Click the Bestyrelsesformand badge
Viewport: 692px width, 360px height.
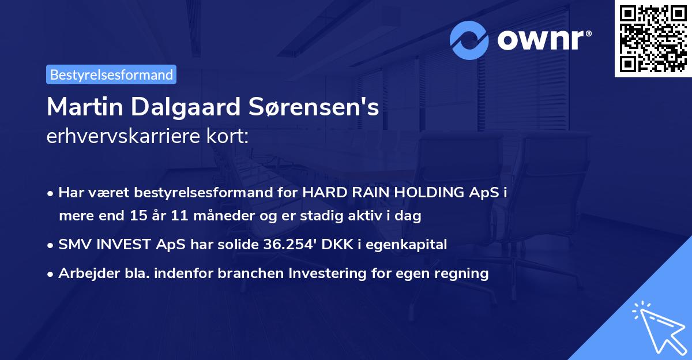click(111, 74)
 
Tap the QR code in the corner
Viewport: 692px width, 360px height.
click(653, 38)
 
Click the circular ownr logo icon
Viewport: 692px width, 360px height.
click(469, 40)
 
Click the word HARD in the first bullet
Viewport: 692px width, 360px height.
click(321, 193)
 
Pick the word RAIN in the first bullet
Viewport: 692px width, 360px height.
click(362, 193)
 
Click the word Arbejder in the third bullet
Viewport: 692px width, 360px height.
click(84, 273)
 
